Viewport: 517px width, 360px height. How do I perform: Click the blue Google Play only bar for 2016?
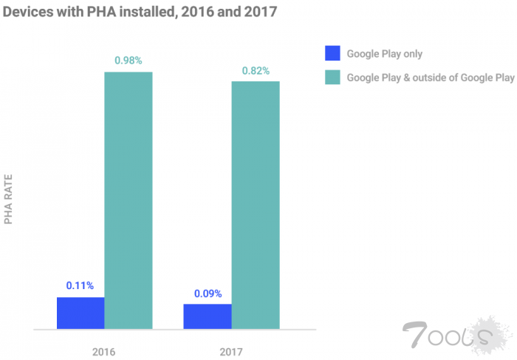point(81,313)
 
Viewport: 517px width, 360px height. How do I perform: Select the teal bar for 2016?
point(129,200)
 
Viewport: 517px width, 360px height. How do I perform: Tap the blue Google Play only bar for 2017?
point(208,316)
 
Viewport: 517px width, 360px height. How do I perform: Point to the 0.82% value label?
point(256,70)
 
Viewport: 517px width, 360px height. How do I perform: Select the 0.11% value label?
point(80,285)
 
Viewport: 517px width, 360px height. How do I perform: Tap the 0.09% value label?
point(208,293)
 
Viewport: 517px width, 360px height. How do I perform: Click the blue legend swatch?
point(332,53)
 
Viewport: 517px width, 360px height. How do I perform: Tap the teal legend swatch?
point(332,76)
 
